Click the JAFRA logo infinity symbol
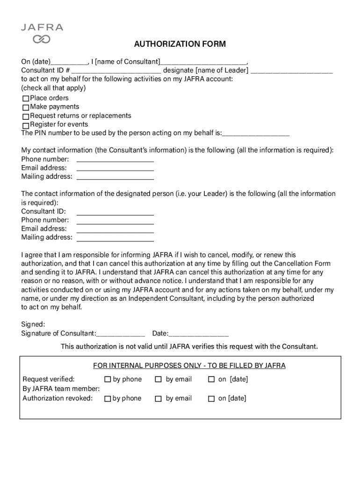42,39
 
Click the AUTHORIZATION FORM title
180,44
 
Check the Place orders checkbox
26,99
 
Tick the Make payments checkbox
26,108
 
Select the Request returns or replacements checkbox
26,116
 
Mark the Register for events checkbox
26,125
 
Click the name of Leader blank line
292,72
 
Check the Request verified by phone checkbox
108,379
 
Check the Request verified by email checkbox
158,379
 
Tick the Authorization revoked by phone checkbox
108,399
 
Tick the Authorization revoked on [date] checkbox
211,399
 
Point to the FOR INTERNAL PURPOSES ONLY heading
189,366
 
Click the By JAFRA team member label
61,389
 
